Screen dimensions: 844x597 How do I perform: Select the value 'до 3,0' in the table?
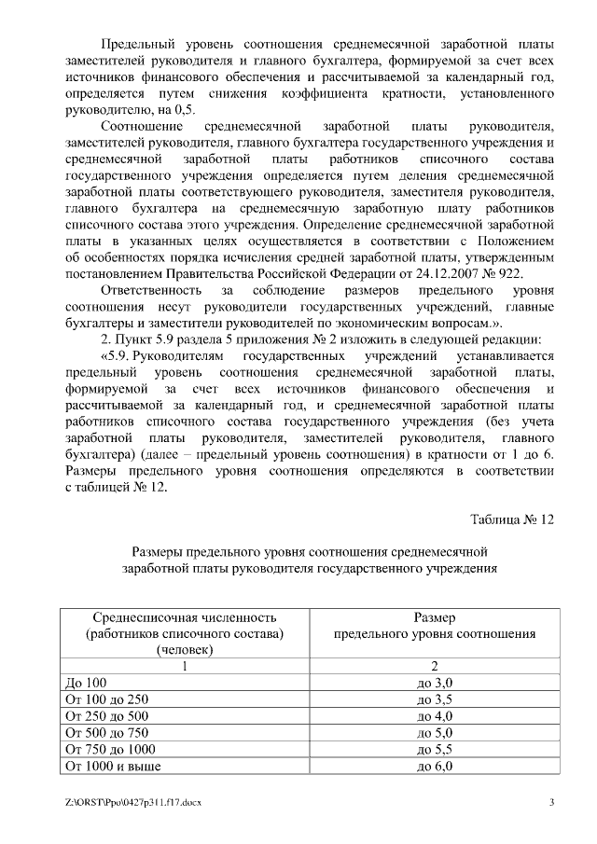(x=435, y=682)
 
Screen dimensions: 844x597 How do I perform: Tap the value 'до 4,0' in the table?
(x=435, y=715)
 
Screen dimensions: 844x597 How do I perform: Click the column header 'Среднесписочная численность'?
(x=185, y=617)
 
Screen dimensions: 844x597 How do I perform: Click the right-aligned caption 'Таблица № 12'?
(x=511, y=519)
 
